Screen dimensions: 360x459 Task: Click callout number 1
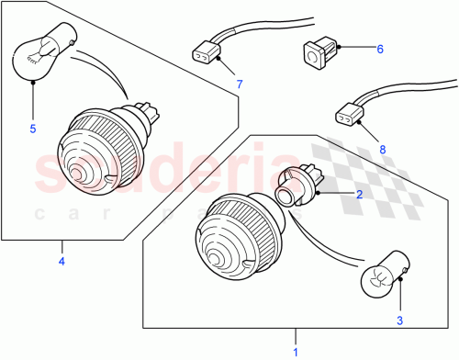pos(296,351)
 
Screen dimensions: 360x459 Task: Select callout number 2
pos(360,195)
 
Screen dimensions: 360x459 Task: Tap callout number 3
pos(399,321)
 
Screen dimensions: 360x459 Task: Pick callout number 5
pos(33,129)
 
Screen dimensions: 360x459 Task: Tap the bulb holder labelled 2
pos(294,186)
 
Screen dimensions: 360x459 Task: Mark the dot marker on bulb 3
pos(399,285)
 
